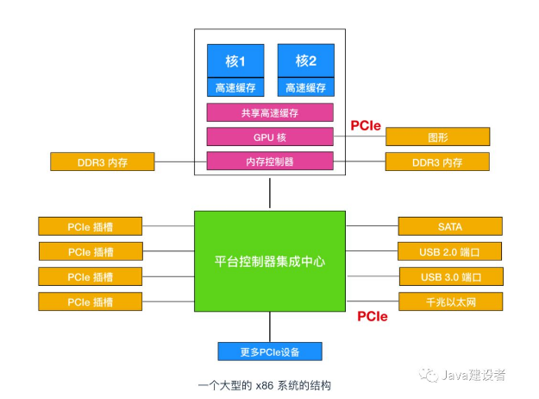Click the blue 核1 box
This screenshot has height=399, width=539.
coord(235,61)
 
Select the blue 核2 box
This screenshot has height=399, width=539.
coord(305,61)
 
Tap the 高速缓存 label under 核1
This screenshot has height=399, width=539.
coord(235,87)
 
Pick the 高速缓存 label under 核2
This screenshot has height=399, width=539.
coord(305,87)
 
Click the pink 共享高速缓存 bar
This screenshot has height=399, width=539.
coord(270,112)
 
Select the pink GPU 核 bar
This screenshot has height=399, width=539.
coord(270,136)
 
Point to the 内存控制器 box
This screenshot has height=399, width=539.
coord(270,161)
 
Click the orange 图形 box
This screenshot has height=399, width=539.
coord(437,136)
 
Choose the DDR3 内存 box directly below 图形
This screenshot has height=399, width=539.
coord(437,161)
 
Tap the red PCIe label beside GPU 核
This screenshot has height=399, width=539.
coord(365,125)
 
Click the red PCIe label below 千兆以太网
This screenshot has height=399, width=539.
coord(373,316)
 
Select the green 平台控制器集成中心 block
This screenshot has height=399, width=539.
coord(270,260)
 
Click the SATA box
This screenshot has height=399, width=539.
coord(449,227)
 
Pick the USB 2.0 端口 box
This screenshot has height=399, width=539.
coord(449,252)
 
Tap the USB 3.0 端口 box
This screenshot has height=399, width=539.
coord(449,277)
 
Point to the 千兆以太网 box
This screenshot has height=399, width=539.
coord(449,301)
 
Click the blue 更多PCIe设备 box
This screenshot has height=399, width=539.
coord(270,351)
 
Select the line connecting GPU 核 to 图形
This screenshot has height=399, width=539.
coord(359,136)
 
